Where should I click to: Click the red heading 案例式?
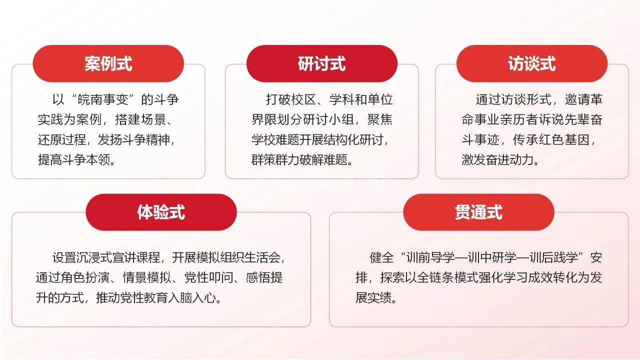pyautogui.click(x=108, y=63)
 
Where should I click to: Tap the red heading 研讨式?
pyautogui.click(x=321, y=63)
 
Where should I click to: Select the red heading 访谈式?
pyautogui.click(x=531, y=63)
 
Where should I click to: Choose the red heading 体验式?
pyautogui.click(x=161, y=212)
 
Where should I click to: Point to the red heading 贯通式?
pyautogui.click(x=478, y=212)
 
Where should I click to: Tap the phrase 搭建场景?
pyautogui.click(x=140, y=119)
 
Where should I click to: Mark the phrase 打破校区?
pyautogui.click(x=291, y=99)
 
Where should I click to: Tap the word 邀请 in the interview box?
pyautogui.click(x=577, y=99)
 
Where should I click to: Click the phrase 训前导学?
pyautogui.click(x=430, y=257)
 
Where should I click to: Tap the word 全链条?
pyautogui.click(x=435, y=277)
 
